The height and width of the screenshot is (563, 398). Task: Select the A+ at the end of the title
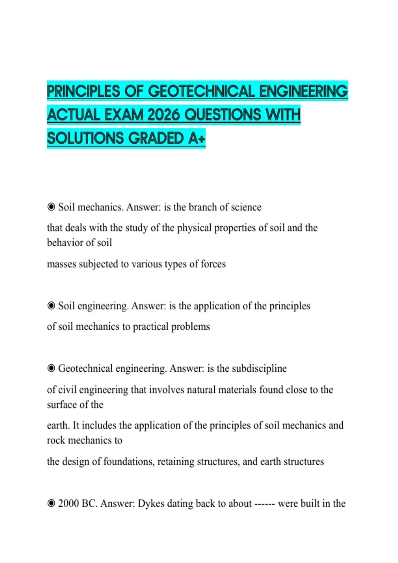point(197,138)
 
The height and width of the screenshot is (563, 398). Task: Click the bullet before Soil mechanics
point(51,207)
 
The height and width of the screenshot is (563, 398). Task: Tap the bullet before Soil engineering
point(51,306)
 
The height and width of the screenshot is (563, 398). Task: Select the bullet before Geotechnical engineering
point(51,368)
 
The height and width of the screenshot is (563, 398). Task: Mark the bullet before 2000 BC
point(51,503)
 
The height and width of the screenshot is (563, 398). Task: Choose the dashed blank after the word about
point(264,504)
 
